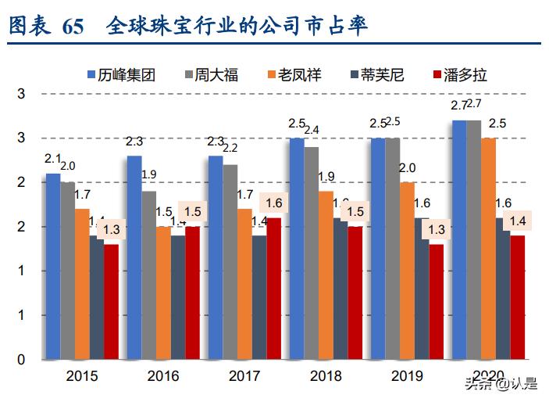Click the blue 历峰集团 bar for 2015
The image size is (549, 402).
[x=52, y=266]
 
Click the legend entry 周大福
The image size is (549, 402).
[x=211, y=75]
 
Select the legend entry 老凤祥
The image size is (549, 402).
[x=294, y=75]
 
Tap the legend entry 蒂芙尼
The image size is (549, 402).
[x=376, y=75]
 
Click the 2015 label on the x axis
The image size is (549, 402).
[x=81, y=376]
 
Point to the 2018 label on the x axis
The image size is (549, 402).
[x=326, y=376]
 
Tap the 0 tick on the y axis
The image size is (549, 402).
[x=21, y=360]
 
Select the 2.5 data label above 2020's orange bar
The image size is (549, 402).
[x=496, y=123]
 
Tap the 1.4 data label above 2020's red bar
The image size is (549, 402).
[x=517, y=221]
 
